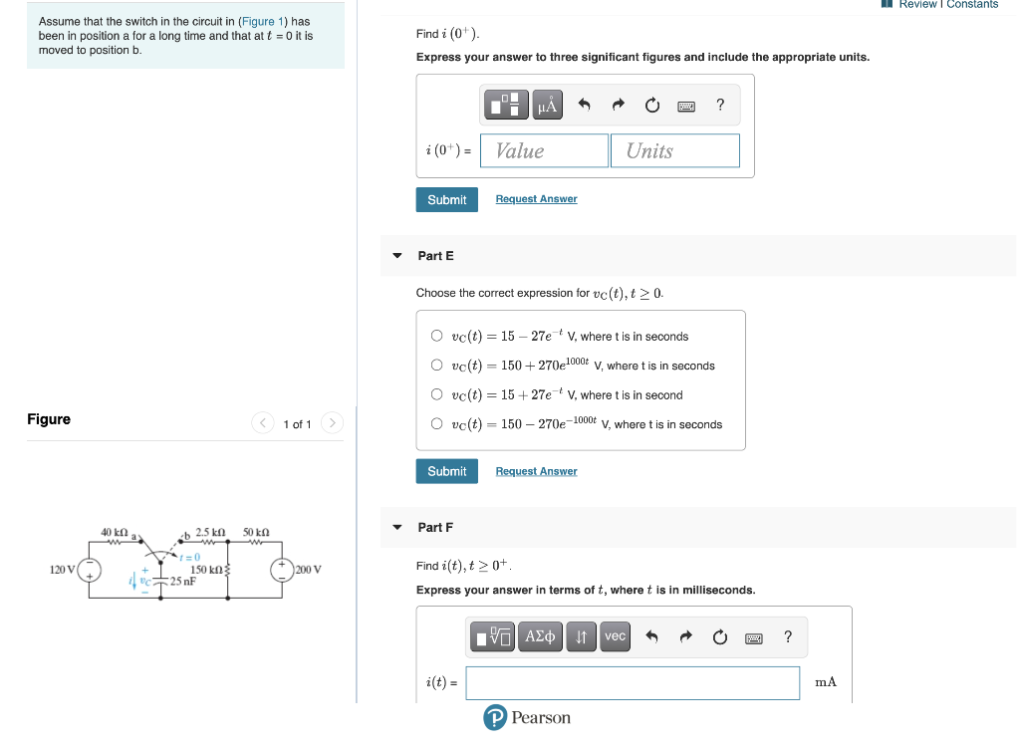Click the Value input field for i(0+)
[x=544, y=150]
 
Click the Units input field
[x=675, y=150]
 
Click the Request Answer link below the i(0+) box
[x=536, y=199]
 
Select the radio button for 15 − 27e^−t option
[x=436, y=337]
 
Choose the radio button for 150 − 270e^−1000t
[x=436, y=424]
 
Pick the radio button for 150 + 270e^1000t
[x=436, y=366]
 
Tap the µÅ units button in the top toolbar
[x=547, y=105]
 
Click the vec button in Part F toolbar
[x=616, y=636]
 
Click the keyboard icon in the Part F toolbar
[x=754, y=637]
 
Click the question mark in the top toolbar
[x=720, y=105]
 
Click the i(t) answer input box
[x=633, y=682]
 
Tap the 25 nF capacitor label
[x=181, y=581]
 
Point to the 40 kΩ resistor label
[x=114, y=533]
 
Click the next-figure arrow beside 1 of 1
[x=333, y=424]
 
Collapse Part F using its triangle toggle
[x=397, y=527]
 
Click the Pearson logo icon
[x=495, y=718]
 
